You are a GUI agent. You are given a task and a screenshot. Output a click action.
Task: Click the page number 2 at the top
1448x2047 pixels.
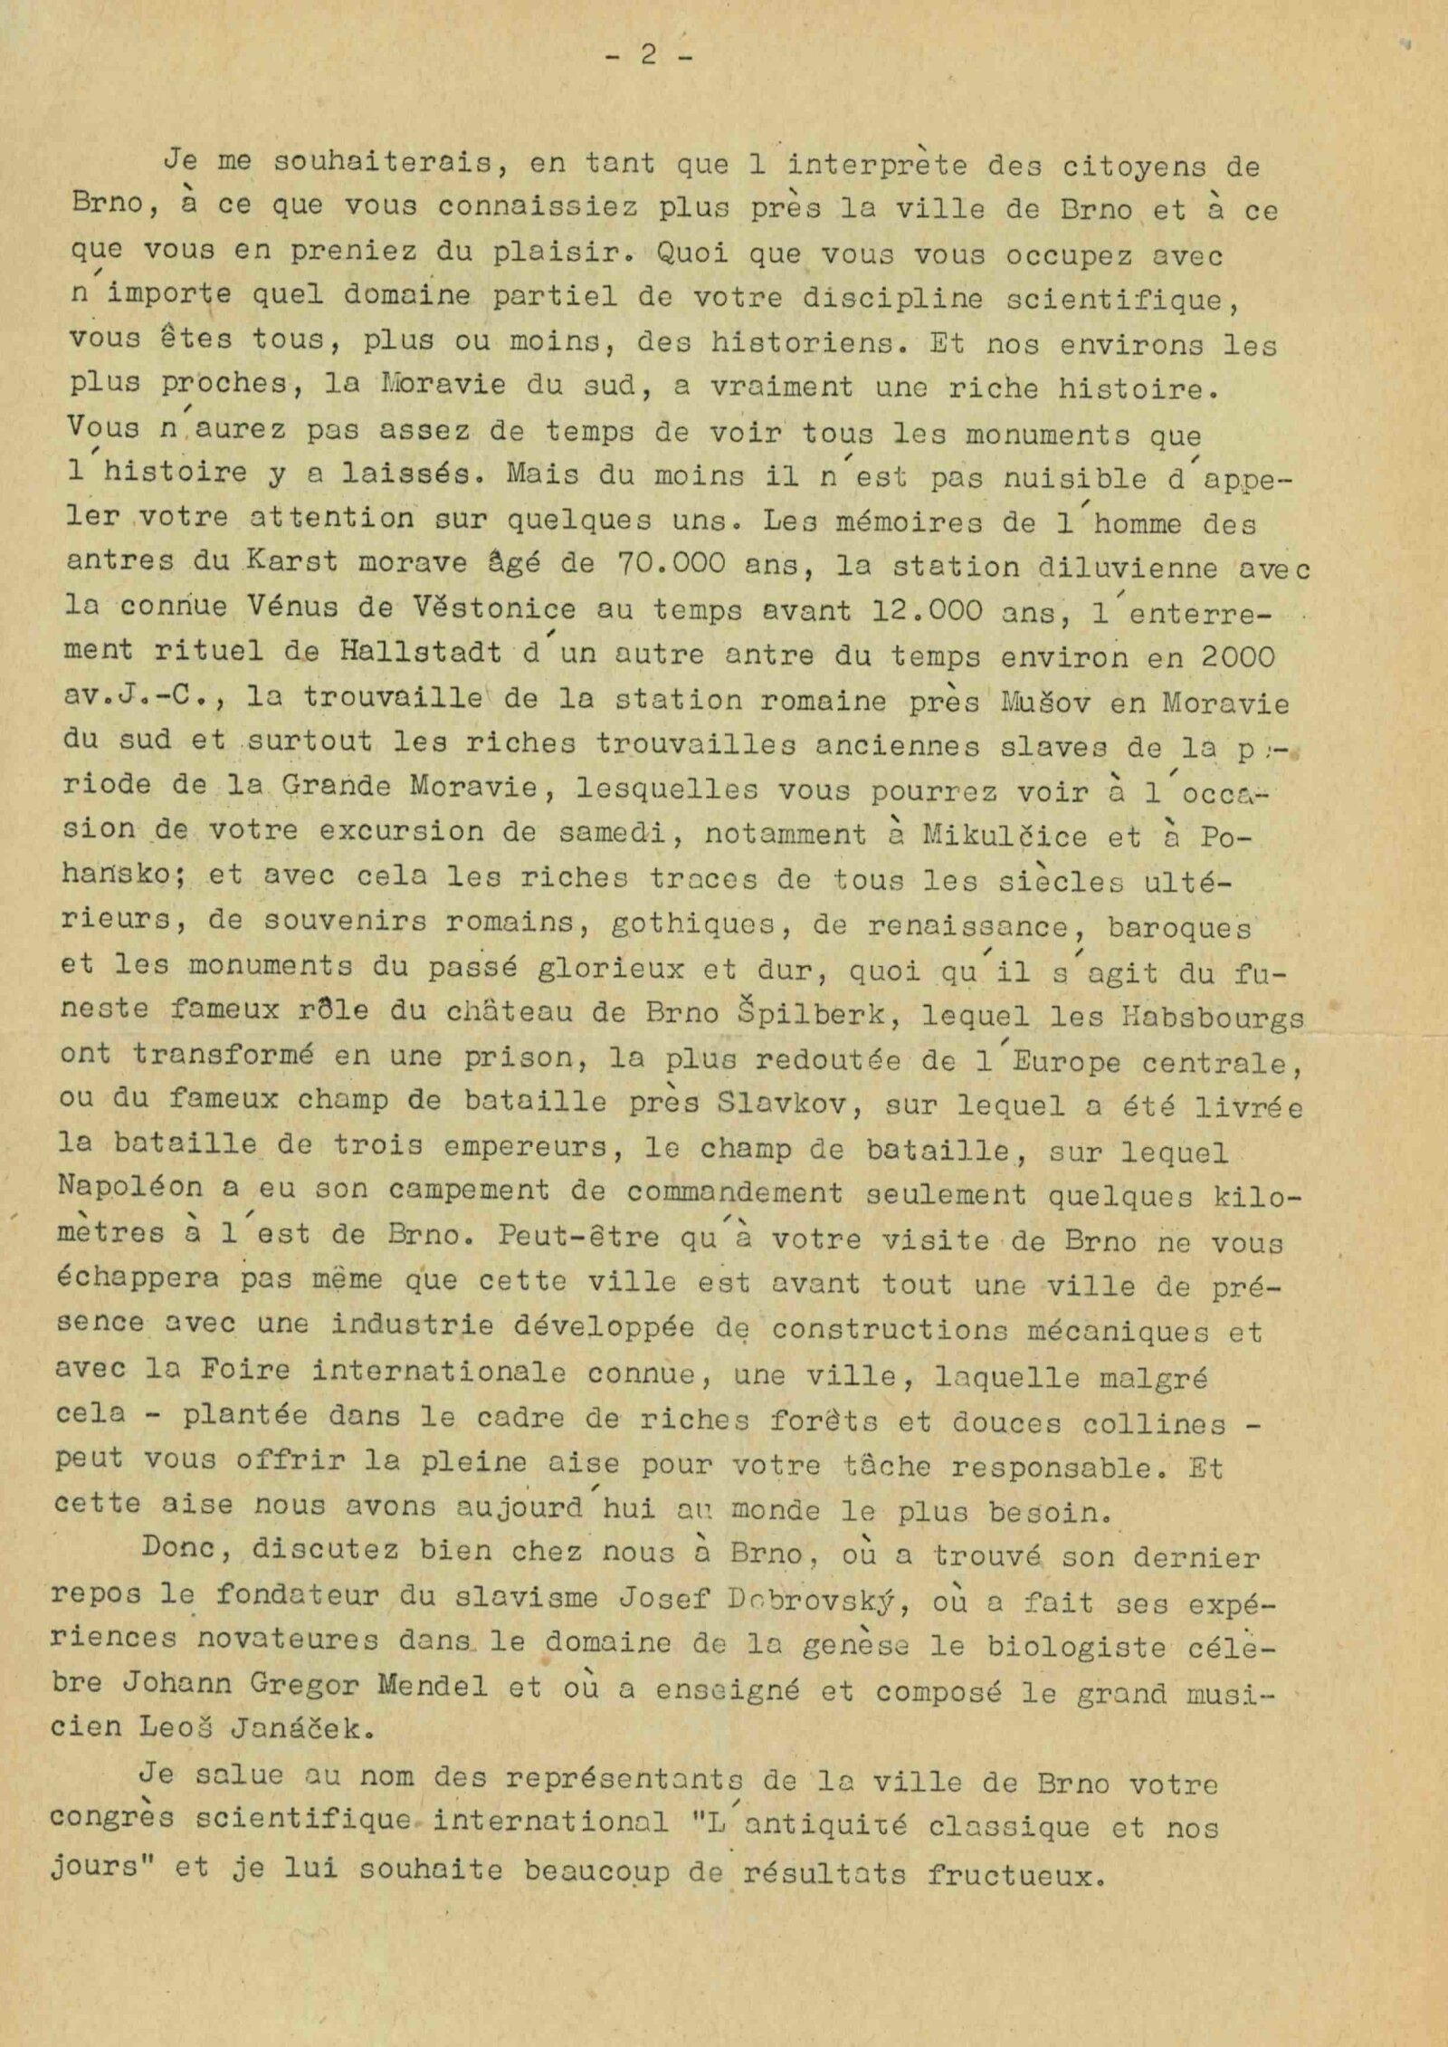648,56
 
